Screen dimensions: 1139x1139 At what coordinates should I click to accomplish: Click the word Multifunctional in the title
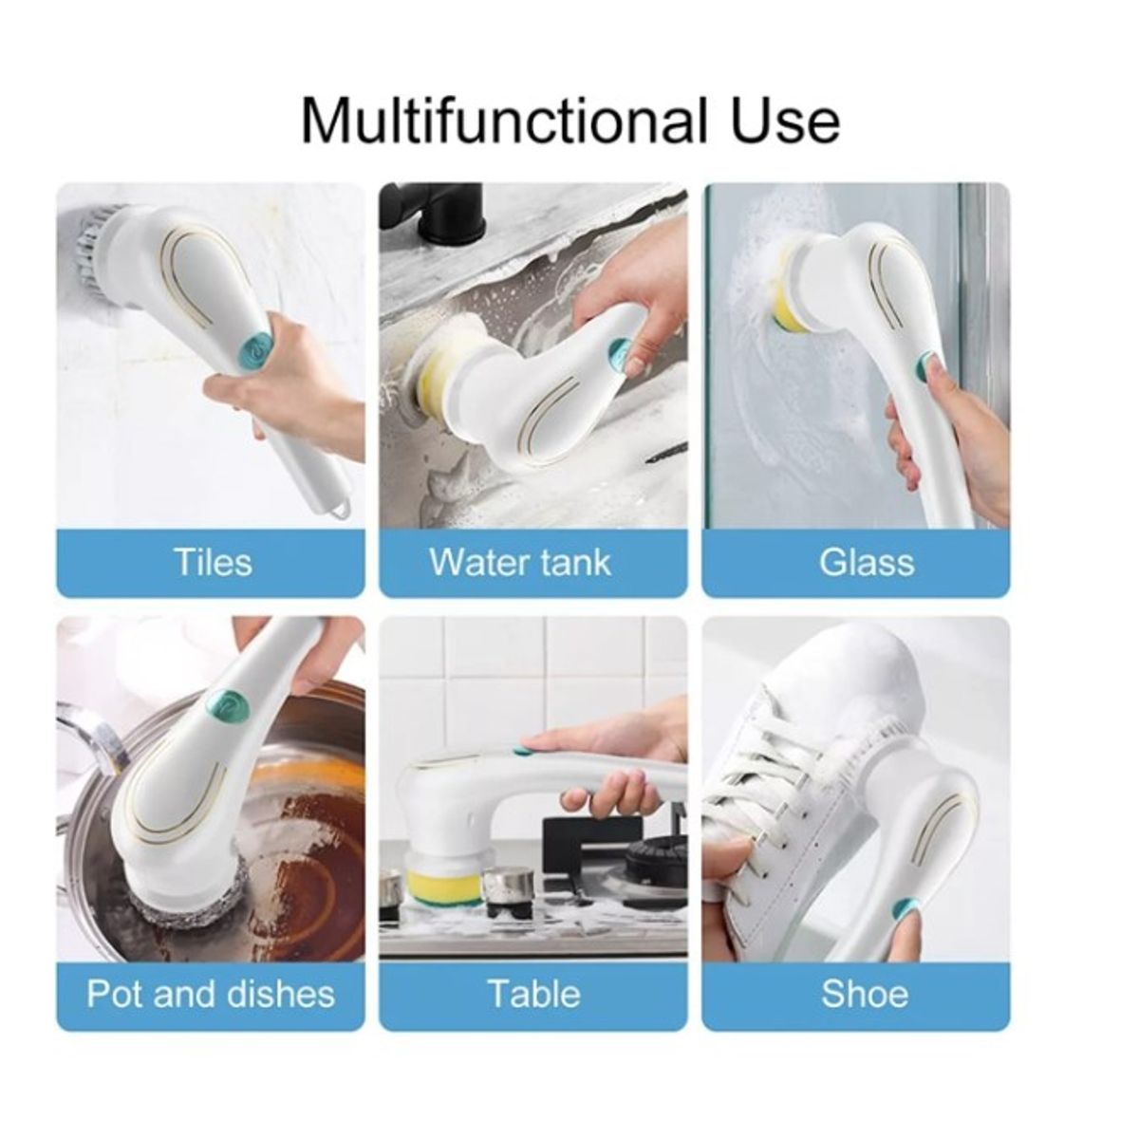click(499, 121)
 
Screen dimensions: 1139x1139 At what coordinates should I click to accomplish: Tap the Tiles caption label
click(213, 561)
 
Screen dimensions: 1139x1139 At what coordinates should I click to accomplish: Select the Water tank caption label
click(520, 561)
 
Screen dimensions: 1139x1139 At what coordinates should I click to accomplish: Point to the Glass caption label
click(866, 561)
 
